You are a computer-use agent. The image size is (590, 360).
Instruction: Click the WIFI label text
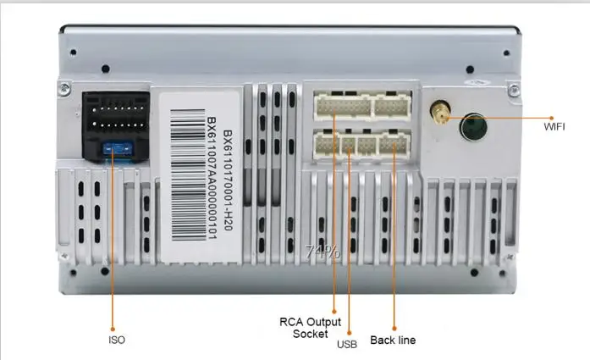point(554,127)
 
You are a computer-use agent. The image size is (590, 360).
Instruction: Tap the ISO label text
point(117,340)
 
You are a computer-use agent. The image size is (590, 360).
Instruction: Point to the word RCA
point(292,322)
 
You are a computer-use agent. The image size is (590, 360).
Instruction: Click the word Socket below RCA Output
point(310,335)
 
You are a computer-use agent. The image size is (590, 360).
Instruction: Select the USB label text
point(347,344)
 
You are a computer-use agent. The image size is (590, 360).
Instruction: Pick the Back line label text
point(393,340)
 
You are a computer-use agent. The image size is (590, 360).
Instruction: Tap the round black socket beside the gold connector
point(473,127)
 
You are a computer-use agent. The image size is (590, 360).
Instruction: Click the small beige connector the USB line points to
point(348,145)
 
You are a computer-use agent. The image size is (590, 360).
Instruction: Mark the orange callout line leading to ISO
point(115,246)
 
